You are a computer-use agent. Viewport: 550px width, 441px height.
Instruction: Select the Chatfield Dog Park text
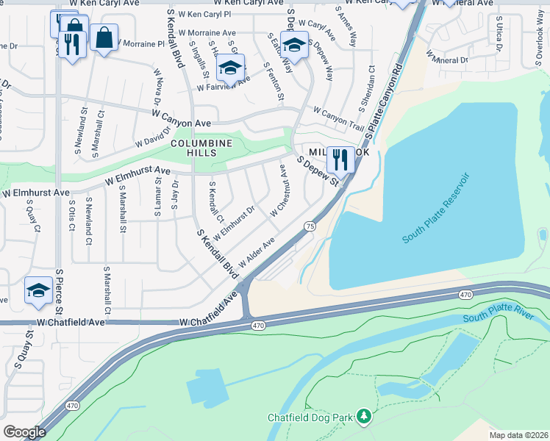pos(311,417)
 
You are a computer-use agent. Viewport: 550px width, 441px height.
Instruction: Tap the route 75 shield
pos(310,228)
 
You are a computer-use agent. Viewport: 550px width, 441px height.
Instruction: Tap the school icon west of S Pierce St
pos(38,290)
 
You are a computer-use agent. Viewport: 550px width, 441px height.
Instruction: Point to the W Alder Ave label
pos(256,248)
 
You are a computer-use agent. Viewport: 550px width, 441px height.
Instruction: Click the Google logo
pos(24,431)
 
